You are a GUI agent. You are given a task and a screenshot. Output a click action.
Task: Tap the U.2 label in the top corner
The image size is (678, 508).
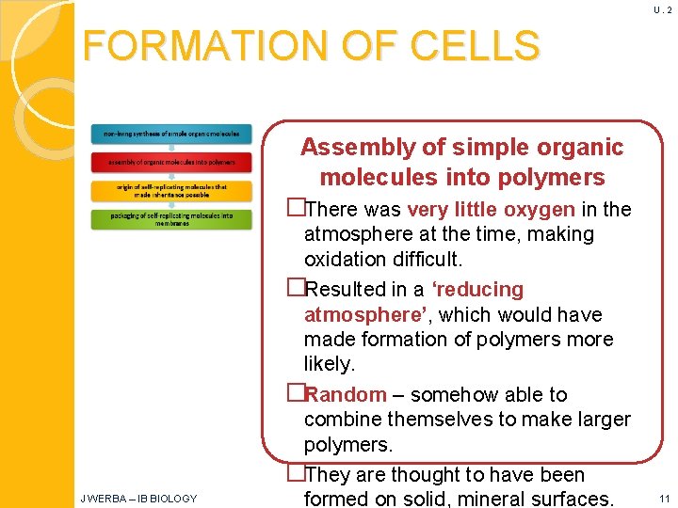pos(661,9)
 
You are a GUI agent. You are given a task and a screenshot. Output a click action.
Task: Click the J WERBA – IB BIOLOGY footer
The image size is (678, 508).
pos(138,499)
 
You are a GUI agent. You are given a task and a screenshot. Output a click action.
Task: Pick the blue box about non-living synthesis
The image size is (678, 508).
pos(171,135)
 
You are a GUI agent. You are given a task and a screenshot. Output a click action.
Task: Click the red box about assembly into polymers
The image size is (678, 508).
pos(171,162)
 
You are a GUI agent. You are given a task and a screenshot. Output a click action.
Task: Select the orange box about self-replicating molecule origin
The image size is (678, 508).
pos(171,190)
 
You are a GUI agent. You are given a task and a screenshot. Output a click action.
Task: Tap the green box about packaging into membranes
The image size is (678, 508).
pos(171,219)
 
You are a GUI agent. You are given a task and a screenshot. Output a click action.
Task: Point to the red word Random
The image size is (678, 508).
pos(346,394)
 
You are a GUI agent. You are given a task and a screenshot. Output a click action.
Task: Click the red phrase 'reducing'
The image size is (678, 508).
pos(478,289)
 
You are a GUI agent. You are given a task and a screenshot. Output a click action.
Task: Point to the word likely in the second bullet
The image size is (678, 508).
pos(328,364)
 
